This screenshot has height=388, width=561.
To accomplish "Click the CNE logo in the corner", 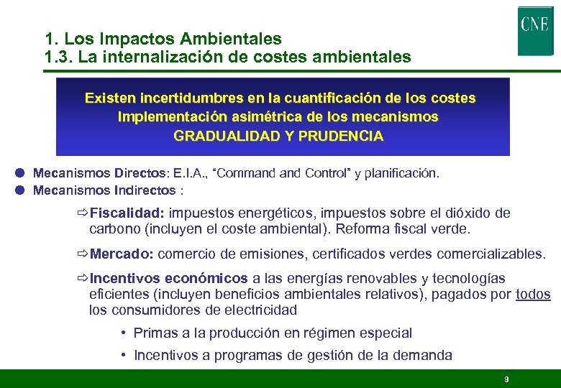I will (534, 30).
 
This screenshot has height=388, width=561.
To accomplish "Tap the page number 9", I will (506, 379).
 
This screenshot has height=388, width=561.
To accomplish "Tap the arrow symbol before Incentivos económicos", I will (82, 278).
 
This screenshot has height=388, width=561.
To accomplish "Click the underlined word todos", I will (533, 294).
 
